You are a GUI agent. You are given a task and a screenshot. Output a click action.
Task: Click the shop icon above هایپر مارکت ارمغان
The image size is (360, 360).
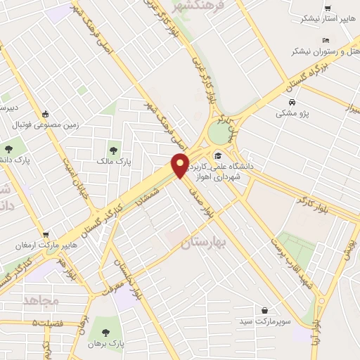[46, 235]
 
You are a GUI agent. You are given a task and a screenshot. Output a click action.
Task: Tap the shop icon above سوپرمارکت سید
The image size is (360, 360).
[264, 310]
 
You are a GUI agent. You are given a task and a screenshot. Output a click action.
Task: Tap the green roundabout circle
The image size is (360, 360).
[224, 131]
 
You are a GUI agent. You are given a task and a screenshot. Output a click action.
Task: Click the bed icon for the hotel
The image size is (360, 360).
[324, 40]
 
